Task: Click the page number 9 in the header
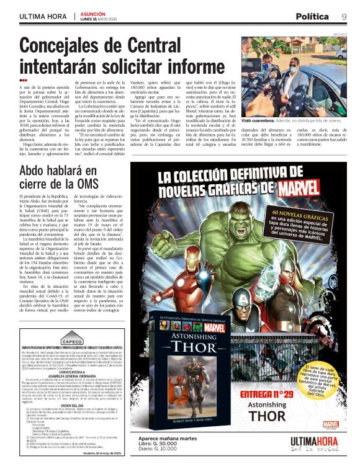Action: pyautogui.click(x=343, y=16)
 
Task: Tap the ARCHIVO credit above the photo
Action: pyautogui.click(x=340, y=35)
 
